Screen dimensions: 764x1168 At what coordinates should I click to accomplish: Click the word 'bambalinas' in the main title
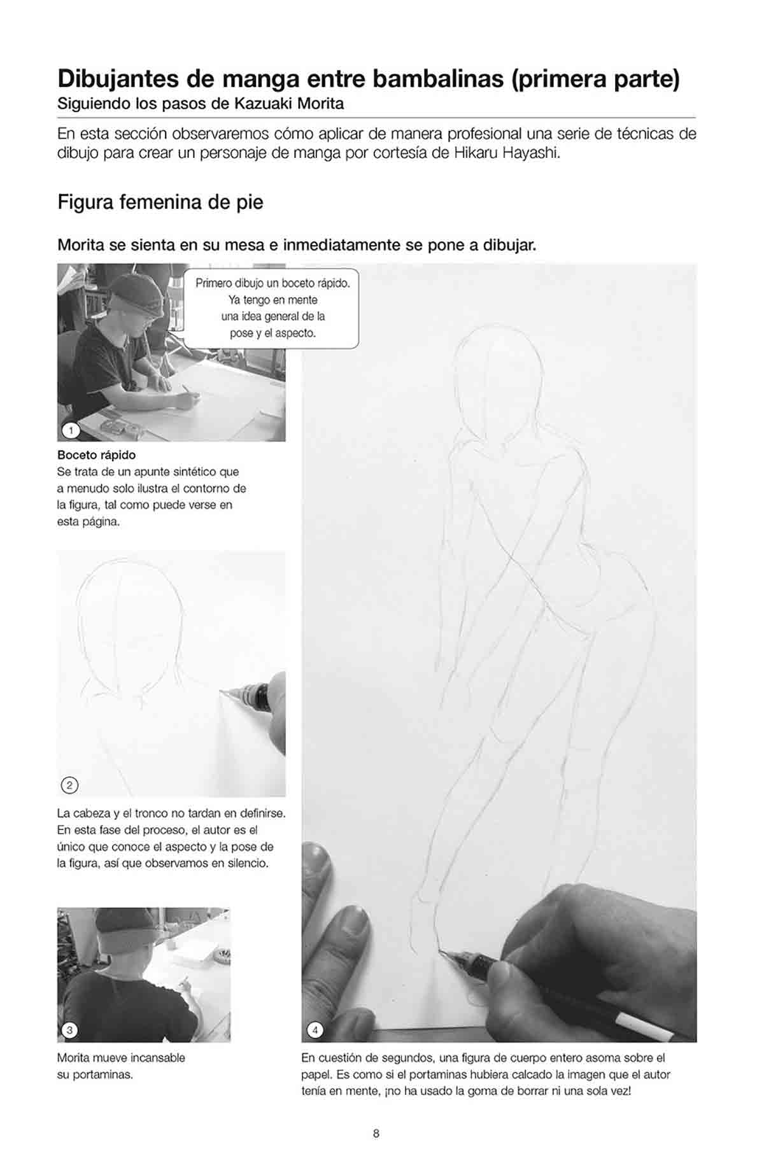pyautogui.click(x=438, y=80)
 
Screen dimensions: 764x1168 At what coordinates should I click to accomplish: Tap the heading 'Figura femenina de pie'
pyautogui.click(x=160, y=202)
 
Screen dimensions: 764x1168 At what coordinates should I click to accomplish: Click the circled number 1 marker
pyautogui.click(x=71, y=430)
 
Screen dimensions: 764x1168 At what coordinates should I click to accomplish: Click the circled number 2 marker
pyautogui.click(x=69, y=785)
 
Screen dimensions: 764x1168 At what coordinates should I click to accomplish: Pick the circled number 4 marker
pyautogui.click(x=315, y=1030)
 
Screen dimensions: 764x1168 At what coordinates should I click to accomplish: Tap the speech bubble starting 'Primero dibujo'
pyautogui.click(x=271, y=308)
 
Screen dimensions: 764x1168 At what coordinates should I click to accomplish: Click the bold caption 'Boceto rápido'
pyautogui.click(x=96, y=455)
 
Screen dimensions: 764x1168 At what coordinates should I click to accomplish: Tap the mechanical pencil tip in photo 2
pyautogui.click(x=222, y=690)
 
